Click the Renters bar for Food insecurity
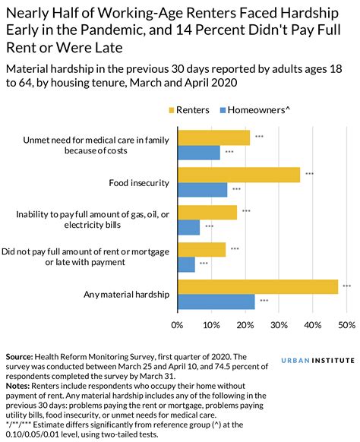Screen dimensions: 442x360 pyautogui.click(x=238, y=175)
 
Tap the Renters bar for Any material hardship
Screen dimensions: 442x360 pyautogui.click(x=257, y=286)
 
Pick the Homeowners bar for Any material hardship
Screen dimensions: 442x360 pyautogui.click(x=216, y=302)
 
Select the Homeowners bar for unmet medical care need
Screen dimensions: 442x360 pyautogui.click(x=198, y=152)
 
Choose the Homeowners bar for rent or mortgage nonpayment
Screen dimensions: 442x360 pyautogui.click(x=186, y=264)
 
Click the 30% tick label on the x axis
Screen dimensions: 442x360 pyautogui.click(x=278, y=325)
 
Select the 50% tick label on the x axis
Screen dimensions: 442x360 pyautogui.click(x=346, y=325)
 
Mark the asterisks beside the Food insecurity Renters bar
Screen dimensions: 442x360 pyautogui.click(x=309, y=175)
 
